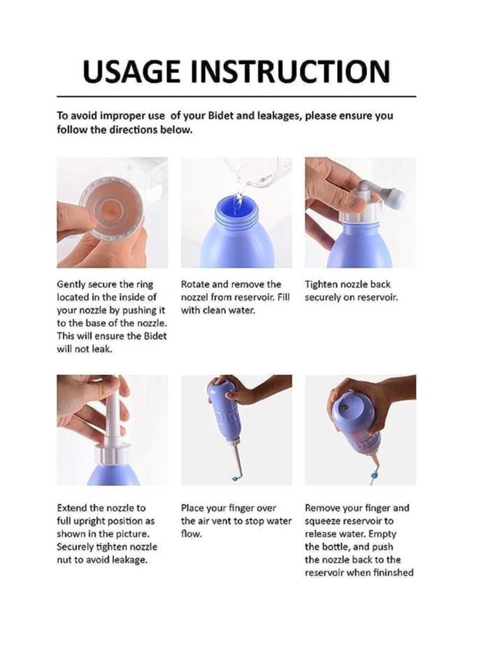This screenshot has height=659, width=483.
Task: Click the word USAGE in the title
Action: (132, 72)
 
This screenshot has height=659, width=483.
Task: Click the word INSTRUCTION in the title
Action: (291, 72)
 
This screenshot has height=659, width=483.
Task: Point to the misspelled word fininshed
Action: (394, 573)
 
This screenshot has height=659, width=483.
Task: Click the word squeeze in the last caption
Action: (323, 521)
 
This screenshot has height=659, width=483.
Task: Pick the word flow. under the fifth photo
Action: (191, 534)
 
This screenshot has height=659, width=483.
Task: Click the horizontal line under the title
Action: (237, 97)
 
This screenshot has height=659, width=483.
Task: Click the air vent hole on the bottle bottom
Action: (345, 407)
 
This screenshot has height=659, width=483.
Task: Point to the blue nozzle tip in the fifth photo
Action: (234, 478)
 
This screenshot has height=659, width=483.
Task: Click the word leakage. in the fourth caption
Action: (131, 560)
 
